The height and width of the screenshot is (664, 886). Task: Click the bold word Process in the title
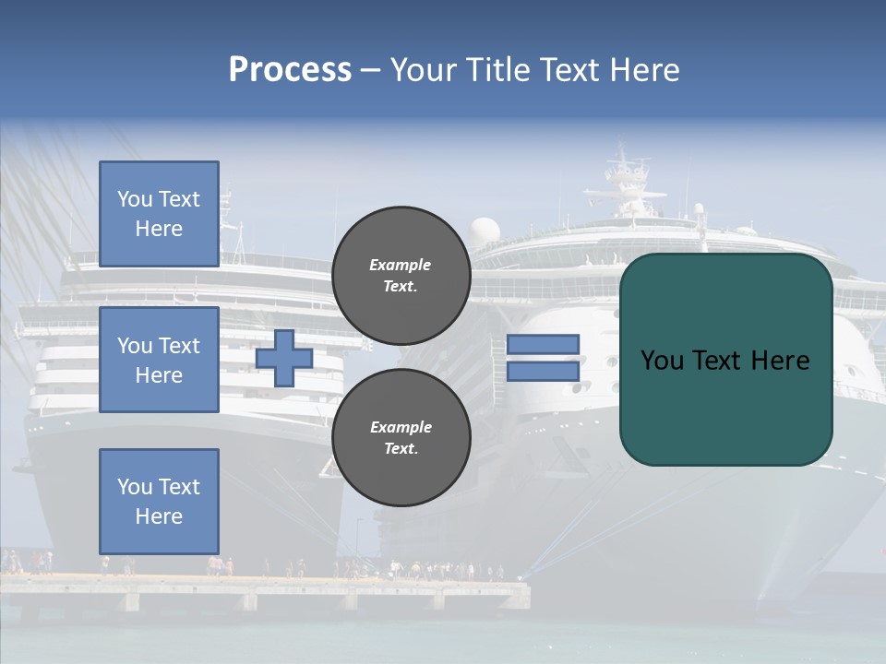(x=290, y=70)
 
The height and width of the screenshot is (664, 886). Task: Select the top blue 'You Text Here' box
(x=159, y=214)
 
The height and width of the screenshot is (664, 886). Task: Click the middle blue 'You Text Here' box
(x=159, y=360)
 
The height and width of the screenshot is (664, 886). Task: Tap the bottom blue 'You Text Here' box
(x=159, y=501)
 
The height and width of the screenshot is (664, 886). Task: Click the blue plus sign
(x=284, y=358)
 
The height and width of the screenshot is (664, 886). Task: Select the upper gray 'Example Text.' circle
(x=401, y=275)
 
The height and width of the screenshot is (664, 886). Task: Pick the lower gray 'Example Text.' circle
(x=401, y=437)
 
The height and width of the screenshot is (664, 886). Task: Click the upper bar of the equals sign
(x=544, y=344)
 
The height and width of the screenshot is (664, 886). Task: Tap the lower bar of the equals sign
(x=544, y=372)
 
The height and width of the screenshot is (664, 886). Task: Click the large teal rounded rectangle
(x=725, y=406)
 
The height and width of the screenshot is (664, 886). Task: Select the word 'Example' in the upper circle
(x=401, y=265)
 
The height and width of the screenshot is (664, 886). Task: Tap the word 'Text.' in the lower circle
(x=401, y=449)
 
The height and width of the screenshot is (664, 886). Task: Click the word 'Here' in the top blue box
(x=159, y=229)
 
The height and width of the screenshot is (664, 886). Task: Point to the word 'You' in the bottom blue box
(x=134, y=487)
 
